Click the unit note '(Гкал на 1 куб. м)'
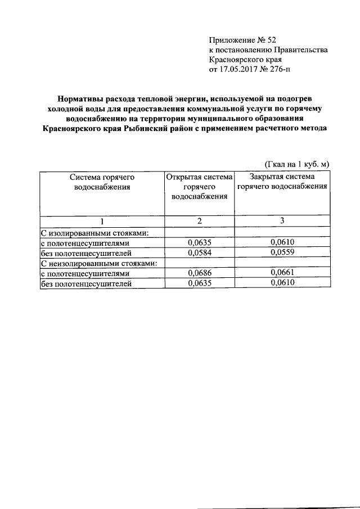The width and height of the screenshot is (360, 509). pos(296,164)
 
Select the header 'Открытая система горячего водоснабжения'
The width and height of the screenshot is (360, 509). pos(199,186)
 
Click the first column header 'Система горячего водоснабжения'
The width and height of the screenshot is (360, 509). pos(102,181)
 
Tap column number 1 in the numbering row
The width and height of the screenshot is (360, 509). pos(102,221)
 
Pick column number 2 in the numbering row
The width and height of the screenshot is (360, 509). pos(199,221)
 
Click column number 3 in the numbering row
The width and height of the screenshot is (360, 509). pos(282,221)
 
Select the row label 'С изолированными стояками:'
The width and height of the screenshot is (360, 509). pos(94,233)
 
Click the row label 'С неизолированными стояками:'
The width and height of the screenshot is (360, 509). pos(98,263)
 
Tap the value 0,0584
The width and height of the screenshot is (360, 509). pos(199,253)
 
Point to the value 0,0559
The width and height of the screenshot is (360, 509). pos(282,253)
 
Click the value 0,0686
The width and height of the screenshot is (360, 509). pos(199,273)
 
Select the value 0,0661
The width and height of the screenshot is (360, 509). pos(282,273)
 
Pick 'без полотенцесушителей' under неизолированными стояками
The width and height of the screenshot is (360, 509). pos(86,284)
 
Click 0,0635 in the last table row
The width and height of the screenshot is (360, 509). pos(199,284)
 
